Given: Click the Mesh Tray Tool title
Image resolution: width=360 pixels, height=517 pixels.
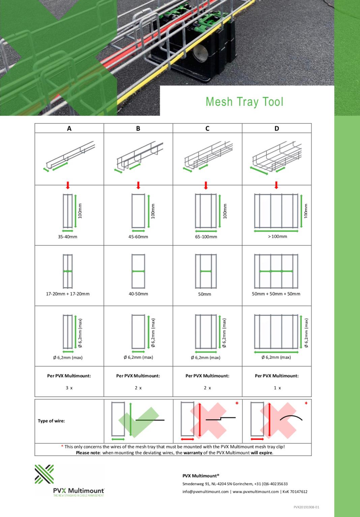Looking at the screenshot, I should point(244,102).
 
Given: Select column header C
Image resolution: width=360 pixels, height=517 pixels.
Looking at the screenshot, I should point(207,128).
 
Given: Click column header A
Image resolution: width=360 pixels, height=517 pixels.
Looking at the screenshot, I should point(69,128).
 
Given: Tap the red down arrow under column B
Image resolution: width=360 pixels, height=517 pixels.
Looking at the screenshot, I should point(138,185).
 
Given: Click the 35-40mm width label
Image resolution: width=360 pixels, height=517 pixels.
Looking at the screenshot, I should point(67,237).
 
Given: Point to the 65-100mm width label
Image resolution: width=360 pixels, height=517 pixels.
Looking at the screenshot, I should point(206,237).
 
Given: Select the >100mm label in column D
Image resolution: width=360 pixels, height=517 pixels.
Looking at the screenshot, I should point(277,236).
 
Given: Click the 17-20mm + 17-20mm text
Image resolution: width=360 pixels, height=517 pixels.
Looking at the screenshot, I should point(68,294).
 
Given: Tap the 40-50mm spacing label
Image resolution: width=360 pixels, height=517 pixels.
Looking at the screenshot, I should point(138,294).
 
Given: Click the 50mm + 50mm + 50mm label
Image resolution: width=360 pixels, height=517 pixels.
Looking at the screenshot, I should point(276,294).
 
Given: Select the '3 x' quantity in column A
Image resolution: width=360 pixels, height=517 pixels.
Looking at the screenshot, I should point(69,388).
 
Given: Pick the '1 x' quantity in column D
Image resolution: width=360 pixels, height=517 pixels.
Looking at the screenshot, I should point(277,388).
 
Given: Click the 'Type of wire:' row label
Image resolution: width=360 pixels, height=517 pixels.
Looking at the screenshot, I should point(51,421).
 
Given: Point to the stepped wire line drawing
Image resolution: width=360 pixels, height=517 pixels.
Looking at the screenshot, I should point(220,419).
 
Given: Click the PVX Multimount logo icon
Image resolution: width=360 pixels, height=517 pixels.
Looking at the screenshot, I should point(44,474).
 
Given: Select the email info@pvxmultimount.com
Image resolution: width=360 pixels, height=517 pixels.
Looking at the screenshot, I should point(206,492).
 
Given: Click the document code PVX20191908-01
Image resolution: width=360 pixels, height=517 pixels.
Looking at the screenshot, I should point(306,507).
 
